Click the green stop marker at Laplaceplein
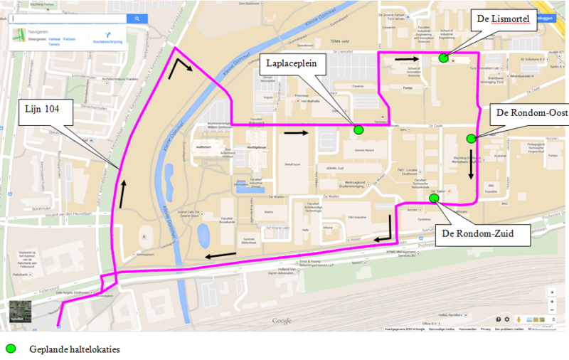click(x=358, y=129)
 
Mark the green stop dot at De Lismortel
click(x=443, y=58)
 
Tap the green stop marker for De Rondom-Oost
click(x=470, y=138)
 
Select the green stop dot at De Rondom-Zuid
click(x=434, y=199)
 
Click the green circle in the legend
click(x=11, y=349)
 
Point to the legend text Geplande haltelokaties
click(x=75, y=349)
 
